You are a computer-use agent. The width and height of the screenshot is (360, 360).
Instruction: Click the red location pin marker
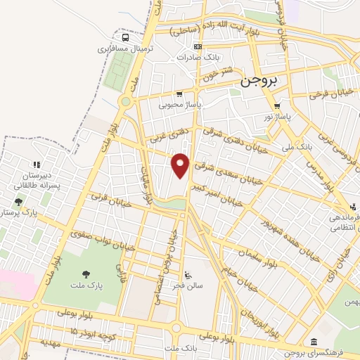click(181, 165)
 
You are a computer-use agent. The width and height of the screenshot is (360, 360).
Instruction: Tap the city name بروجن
click(259, 80)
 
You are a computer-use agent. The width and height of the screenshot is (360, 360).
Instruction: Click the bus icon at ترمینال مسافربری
click(125, 38)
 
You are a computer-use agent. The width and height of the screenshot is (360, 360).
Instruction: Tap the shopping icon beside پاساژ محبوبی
click(179, 94)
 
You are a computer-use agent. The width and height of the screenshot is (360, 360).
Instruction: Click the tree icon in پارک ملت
click(86, 274)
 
